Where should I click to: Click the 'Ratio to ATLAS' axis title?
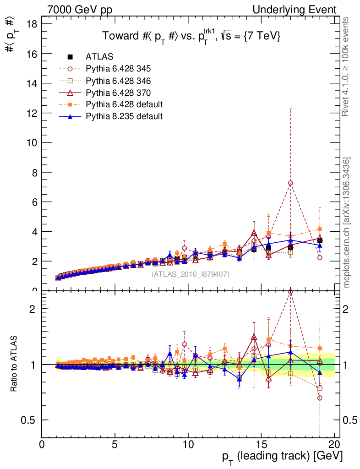pos(14,364)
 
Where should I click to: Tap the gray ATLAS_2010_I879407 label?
pos(191,274)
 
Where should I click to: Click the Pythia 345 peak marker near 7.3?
pos(290,183)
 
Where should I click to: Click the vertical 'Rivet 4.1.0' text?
pos(347,66)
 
